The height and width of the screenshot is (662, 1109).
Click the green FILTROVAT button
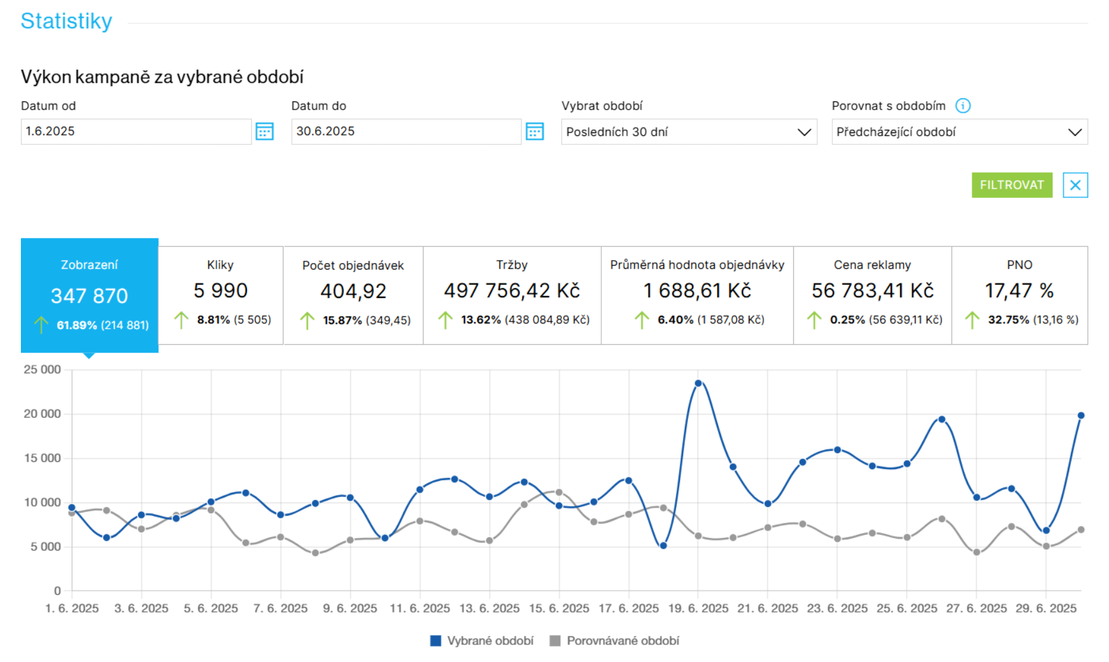coord(1012,185)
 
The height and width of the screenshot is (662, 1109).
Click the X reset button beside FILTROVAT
coord(1075,185)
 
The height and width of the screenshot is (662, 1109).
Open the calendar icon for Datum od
coord(264,132)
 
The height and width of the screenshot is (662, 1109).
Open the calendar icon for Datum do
coord(534,132)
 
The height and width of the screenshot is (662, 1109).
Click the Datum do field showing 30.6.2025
coord(405,132)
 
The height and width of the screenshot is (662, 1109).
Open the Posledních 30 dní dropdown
coord(688,132)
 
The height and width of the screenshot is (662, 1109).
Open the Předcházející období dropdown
coord(959,132)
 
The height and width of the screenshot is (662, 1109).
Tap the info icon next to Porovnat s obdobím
coord(963,106)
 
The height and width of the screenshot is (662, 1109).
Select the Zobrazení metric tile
coord(89,295)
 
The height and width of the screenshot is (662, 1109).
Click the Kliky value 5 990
coord(220,290)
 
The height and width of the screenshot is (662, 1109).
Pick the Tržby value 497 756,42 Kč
coord(511,290)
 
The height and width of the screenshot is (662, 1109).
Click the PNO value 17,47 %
coord(1019,290)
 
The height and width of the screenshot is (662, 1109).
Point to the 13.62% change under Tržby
coord(480,320)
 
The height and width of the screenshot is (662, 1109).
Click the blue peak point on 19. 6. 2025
coord(698,383)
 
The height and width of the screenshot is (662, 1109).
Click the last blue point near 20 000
coord(1081,416)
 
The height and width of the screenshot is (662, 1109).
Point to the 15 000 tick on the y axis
coord(42,458)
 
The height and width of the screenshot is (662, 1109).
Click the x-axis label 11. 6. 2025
coord(420,608)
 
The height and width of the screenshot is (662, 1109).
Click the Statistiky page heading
coord(66,21)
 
